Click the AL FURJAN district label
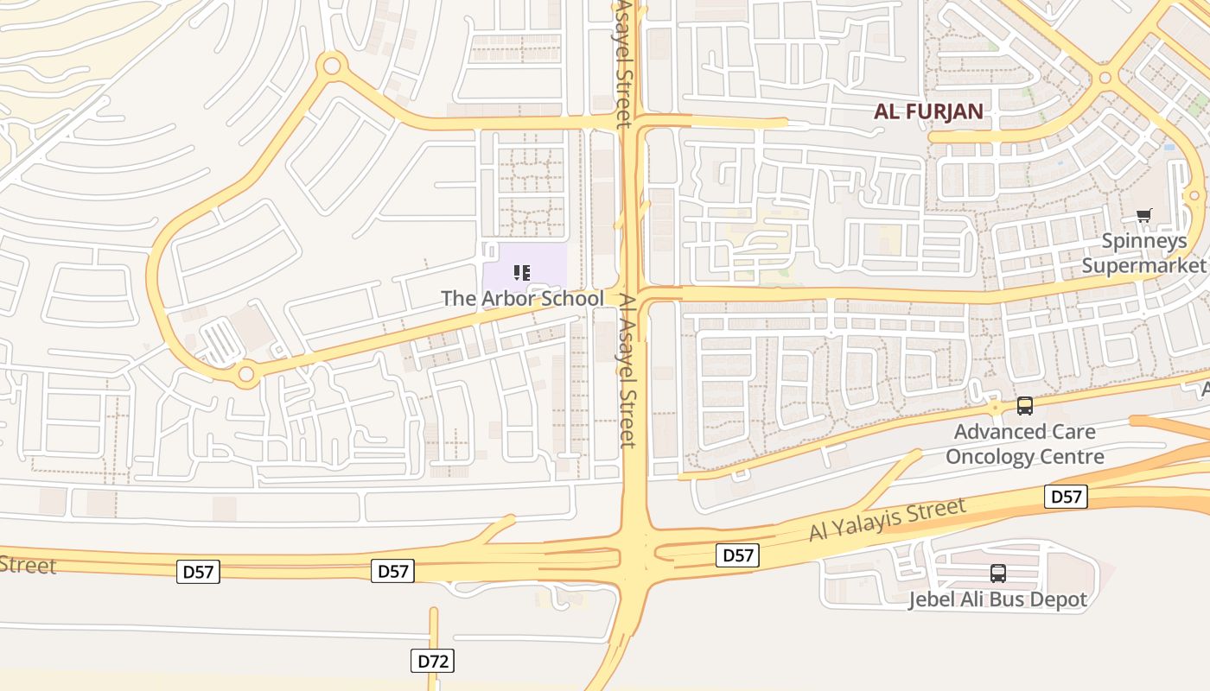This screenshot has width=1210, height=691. pos(928,111)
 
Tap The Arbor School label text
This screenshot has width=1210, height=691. pos(522,299)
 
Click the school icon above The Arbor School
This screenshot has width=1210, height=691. pos(521,273)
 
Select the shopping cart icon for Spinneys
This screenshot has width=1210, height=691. pos(1144,215)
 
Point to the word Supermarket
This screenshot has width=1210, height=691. pos(1143,265)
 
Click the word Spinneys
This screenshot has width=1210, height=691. pos(1143,241)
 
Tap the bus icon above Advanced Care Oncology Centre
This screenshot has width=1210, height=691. pos(1024,405)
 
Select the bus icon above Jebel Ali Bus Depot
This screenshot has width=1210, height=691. pos(997,573)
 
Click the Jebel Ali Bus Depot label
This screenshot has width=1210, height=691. pos(997,599)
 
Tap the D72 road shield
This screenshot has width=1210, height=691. pos(432,662)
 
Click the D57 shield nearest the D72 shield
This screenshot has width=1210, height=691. pos(392,571)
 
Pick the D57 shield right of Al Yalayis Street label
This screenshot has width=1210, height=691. pos(1066,497)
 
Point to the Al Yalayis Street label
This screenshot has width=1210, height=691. pos(887,519)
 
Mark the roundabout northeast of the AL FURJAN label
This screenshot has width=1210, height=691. pos(1105,79)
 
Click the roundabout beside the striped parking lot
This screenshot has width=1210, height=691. pos(245,374)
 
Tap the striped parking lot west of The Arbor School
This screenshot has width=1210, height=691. pos(221,343)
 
